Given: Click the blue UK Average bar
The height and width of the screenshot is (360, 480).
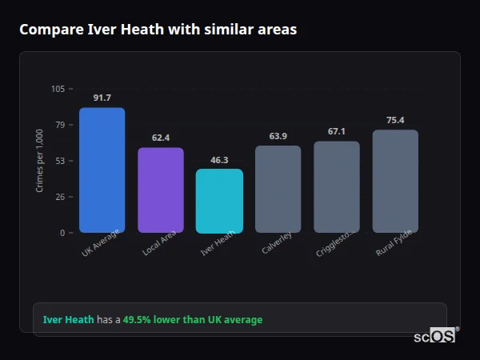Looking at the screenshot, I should [x=102, y=170].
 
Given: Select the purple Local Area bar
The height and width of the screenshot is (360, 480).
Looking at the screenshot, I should [x=161, y=190].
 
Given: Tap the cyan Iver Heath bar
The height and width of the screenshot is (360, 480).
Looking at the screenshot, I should [x=219, y=201].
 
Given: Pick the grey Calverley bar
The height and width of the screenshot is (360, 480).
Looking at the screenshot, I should [x=278, y=189].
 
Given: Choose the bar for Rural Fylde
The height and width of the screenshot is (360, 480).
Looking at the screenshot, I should [x=395, y=182].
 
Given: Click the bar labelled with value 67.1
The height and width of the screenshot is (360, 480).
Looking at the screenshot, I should [x=337, y=187].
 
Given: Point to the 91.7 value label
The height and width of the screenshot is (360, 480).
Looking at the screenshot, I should [x=102, y=98].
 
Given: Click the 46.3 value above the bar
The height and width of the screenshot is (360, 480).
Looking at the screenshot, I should [x=219, y=160].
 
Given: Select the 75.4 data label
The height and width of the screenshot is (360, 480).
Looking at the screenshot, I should [x=395, y=120].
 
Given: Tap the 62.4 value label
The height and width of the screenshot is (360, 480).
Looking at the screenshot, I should [x=161, y=138].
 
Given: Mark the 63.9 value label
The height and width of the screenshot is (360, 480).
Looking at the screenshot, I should [x=278, y=136].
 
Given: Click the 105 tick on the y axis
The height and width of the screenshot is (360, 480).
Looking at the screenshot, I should [x=58, y=89].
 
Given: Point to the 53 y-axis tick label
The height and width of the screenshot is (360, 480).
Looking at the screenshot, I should [x=60, y=161].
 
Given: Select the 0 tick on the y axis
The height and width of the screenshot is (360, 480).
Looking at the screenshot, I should [x=62, y=233].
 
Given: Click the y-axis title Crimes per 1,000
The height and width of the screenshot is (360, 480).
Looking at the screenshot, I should [x=40, y=161].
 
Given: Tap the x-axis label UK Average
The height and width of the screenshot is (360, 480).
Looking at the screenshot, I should [x=101, y=244].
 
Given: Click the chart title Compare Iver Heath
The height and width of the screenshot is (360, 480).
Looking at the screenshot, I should [x=158, y=30].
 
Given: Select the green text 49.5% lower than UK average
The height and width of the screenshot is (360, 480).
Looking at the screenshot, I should [x=192, y=320].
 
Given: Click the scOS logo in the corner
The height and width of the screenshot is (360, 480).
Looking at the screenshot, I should [x=434, y=337].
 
